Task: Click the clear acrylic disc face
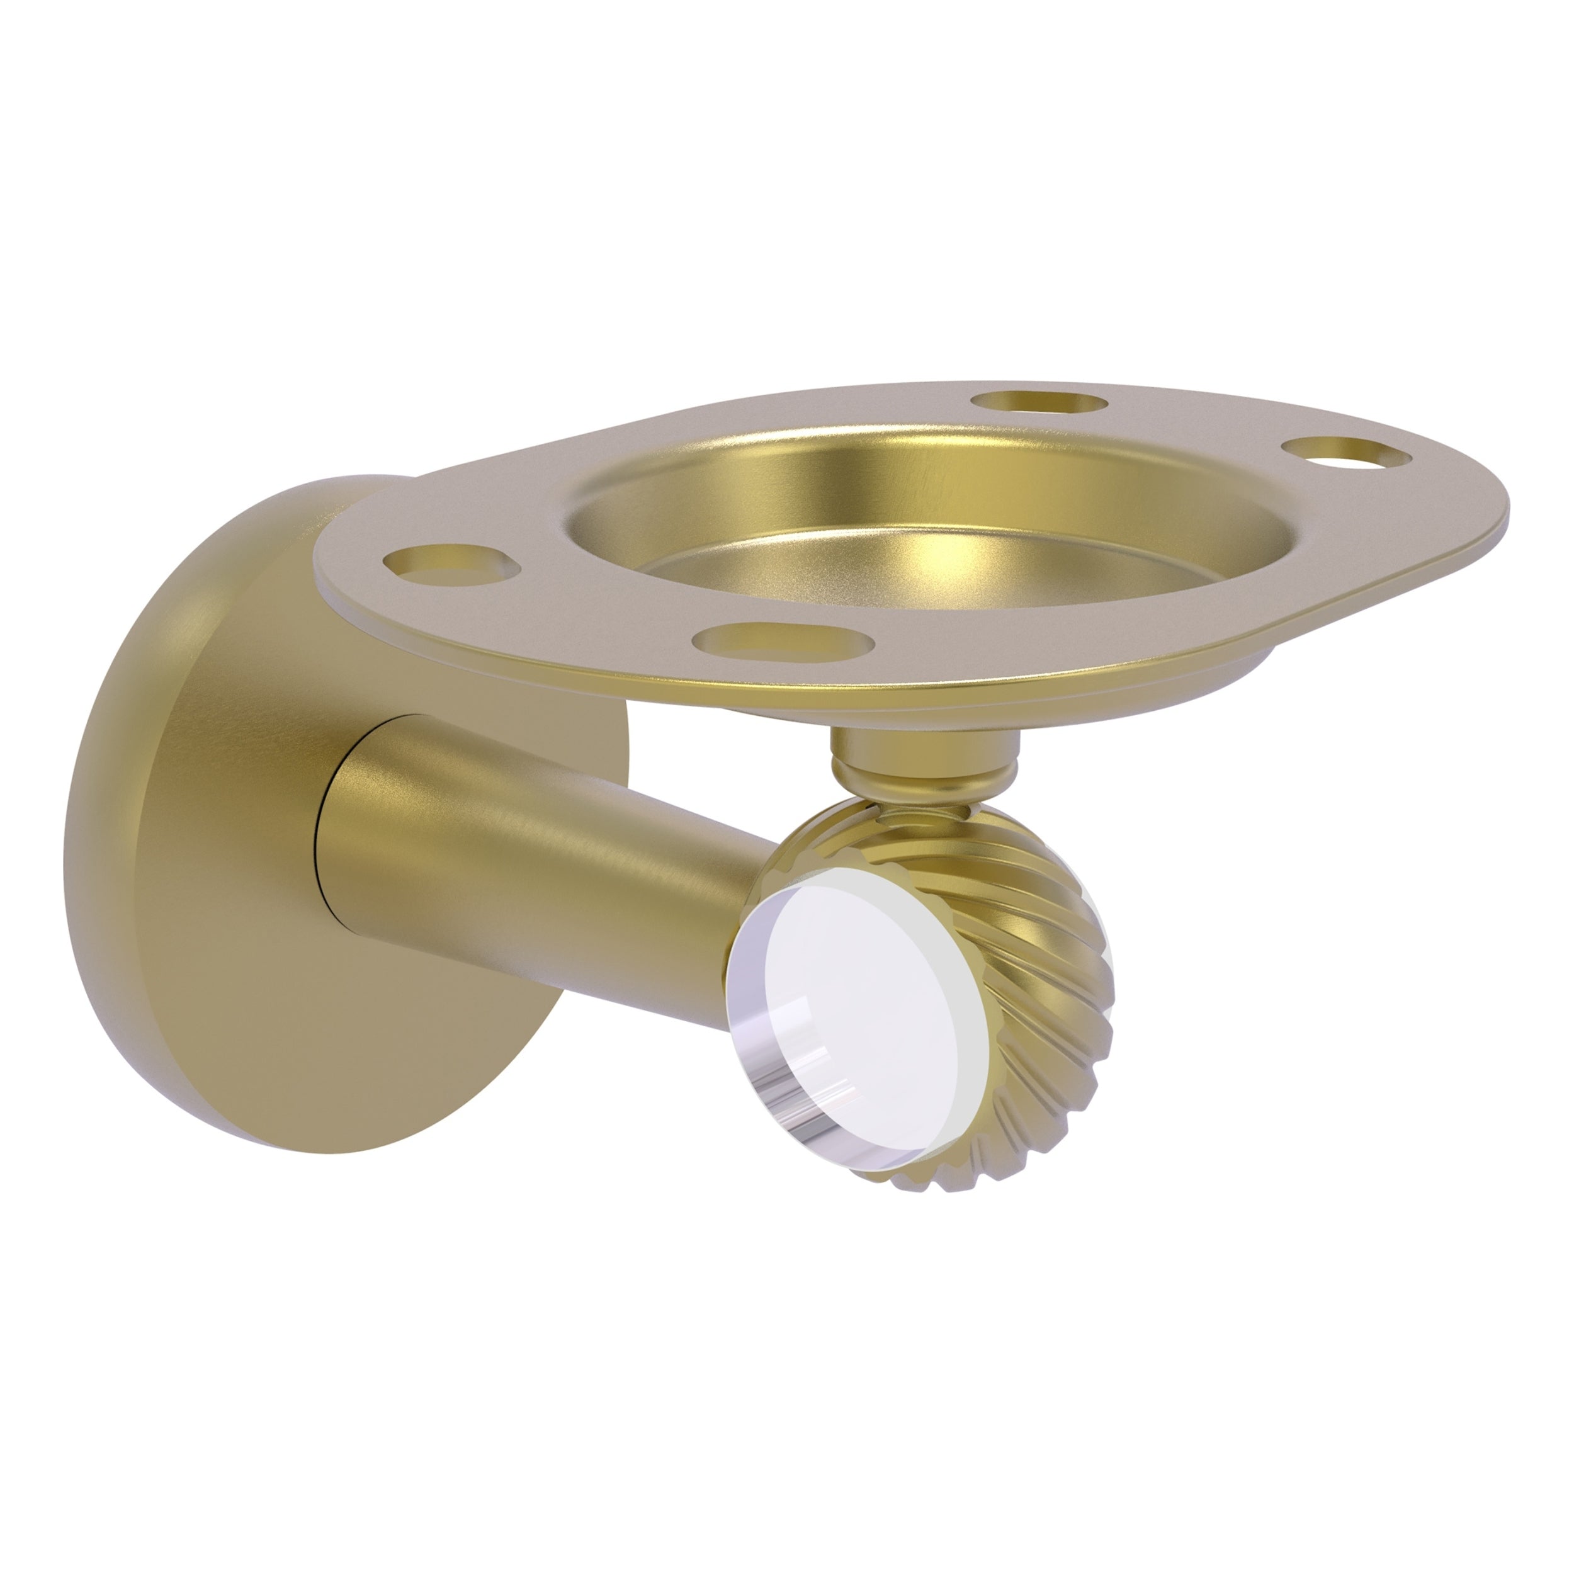pos(864,1011)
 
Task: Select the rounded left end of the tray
pos(326,570)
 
